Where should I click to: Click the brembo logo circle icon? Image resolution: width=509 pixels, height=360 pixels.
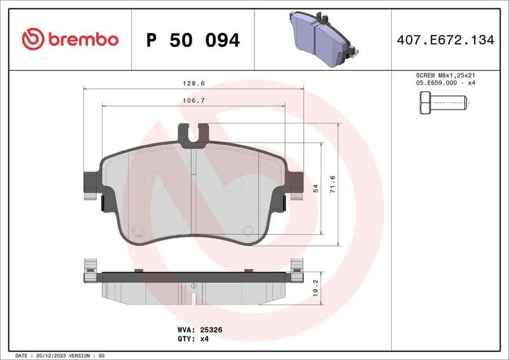(x=32, y=39)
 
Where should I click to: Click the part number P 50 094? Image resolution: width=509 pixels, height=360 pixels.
(x=193, y=40)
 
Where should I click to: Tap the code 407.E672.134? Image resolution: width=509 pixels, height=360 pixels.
(x=445, y=40)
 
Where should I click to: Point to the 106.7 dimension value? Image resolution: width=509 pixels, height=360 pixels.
(x=193, y=100)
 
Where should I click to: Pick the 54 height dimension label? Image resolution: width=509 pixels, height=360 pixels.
(x=315, y=188)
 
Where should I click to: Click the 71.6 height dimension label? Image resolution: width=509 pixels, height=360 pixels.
(x=331, y=184)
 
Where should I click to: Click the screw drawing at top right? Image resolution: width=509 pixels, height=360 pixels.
(x=442, y=102)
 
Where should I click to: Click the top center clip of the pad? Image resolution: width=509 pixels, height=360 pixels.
(x=193, y=135)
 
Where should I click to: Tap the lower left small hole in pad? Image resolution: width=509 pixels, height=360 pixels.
(x=139, y=230)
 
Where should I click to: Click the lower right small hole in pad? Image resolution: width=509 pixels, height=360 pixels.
(x=248, y=230)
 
